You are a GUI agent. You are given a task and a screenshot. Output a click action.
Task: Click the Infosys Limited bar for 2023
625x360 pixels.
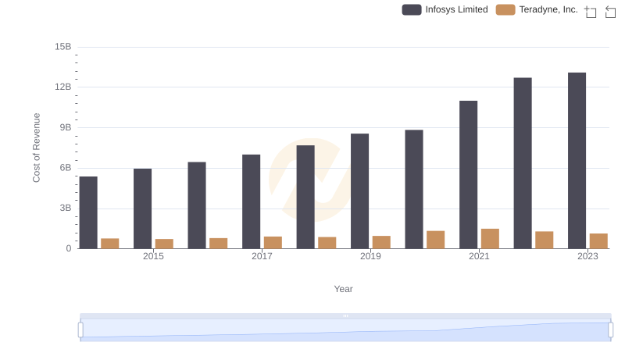[x=577, y=161]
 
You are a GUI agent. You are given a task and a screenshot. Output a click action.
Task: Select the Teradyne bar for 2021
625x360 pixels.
[x=490, y=239]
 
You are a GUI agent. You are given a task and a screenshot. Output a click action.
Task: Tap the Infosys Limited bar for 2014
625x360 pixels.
[x=88, y=212]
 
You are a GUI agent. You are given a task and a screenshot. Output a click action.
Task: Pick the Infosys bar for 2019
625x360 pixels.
[x=359, y=191]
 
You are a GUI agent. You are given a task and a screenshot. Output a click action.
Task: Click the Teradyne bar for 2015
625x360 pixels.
[x=164, y=244]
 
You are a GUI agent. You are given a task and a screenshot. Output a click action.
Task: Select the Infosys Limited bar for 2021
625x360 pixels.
[x=468, y=175]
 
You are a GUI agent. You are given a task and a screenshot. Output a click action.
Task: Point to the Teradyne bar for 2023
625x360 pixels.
[x=598, y=241]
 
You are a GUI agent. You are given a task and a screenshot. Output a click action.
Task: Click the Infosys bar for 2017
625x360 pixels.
[x=251, y=201]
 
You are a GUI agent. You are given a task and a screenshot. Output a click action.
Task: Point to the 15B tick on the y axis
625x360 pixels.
[x=63, y=47]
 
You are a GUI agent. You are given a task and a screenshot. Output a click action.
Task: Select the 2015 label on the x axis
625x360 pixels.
[x=153, y=257]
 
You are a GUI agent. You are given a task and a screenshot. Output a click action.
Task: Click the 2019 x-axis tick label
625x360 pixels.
[x=370, y=257]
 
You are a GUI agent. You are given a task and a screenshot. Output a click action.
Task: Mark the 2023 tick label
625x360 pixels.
[x=587, y=257]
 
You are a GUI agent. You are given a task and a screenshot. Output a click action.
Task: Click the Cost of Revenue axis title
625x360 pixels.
[x=37, y=148]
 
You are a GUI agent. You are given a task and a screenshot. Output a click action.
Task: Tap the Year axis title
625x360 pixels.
[x=344, y=289]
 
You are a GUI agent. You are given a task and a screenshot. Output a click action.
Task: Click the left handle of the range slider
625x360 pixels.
[x=80, y=330]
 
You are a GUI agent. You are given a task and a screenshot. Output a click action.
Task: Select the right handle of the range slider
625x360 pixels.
[x=610, y=330]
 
